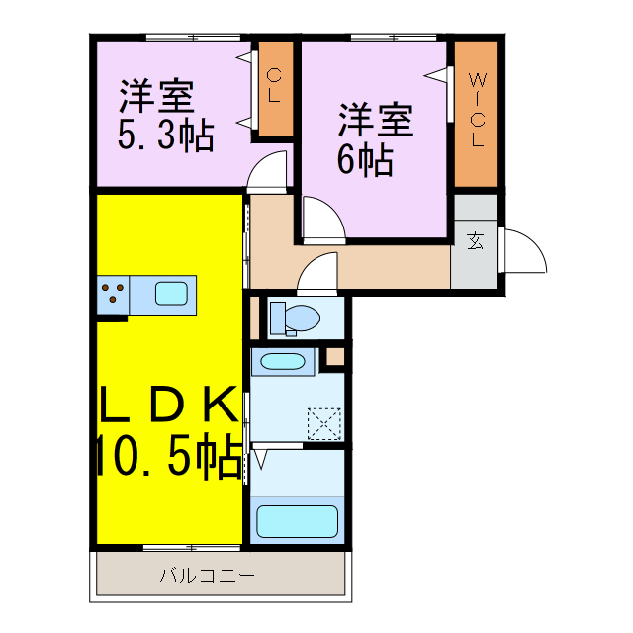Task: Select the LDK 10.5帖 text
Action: pyautogui.click(x=168, y=431)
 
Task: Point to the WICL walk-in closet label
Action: pyautogui.click(x=477, y=109)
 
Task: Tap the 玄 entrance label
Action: pyautogui.click(x=476, y=240)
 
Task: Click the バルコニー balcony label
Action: pyautogui.click(x=208, y=575)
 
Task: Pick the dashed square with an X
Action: pyautogui.click(x=323, y=424)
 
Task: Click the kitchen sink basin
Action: pyautogui.click(x=171, y=293)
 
